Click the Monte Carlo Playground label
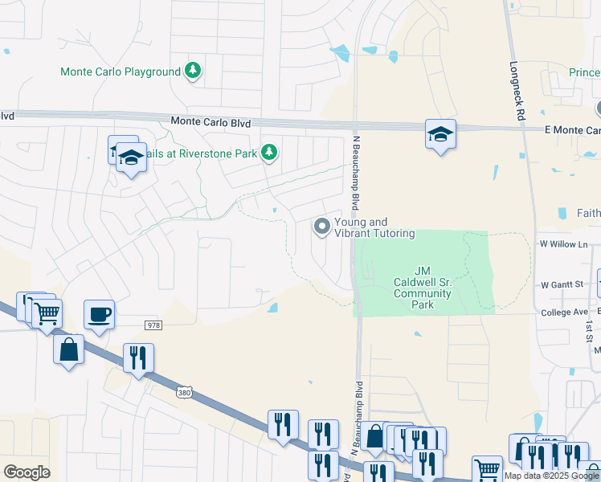point(121,72)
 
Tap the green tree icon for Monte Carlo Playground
point(193,71)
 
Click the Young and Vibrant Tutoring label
point(374,227)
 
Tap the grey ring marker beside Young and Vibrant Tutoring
point(322,227)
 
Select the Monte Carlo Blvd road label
point(211,122)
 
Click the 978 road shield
point(154,325)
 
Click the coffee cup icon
point(99,314)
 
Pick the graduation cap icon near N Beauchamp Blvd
point(440,133)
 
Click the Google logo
point(27,472)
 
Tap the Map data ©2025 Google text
point(550,476)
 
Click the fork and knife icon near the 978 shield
point(138,358)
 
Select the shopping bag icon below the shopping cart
point(69,349)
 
